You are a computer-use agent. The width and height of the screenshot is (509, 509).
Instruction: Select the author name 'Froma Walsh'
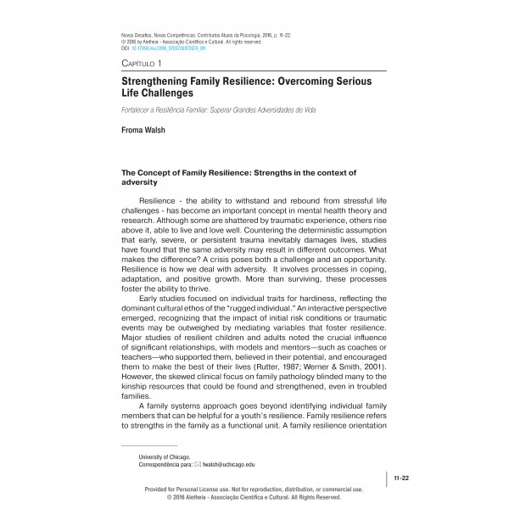pos(148,131)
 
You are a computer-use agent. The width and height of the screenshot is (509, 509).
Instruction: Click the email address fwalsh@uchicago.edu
pos(229,465)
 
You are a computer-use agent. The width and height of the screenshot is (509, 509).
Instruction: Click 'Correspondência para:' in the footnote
pos(165,465)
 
